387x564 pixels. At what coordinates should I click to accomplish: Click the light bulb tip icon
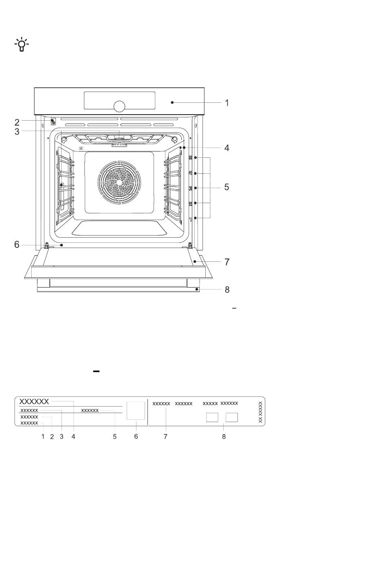22,44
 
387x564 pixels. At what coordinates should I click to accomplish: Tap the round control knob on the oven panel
119,106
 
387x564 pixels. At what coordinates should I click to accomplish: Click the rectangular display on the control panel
119,100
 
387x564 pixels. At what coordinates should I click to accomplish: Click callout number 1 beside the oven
227,103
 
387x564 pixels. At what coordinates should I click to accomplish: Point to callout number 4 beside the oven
226,148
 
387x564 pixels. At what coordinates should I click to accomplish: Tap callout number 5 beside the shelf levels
226,187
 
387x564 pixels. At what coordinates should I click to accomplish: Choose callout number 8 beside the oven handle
227,290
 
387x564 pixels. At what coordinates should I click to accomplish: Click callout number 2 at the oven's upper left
17,122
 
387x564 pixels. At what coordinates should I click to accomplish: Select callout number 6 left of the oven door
17,245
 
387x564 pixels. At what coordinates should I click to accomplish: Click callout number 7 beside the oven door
227,262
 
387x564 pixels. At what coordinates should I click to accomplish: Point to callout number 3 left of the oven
17,131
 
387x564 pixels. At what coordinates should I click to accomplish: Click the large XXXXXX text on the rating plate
34,401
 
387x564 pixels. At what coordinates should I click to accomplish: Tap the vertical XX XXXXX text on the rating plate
260,412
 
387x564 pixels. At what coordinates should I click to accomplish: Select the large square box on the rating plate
136,411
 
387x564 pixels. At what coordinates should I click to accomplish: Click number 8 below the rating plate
224,437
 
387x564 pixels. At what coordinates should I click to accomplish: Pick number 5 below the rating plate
114,437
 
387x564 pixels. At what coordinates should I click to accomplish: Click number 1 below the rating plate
43,437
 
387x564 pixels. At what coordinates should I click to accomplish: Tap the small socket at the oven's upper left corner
53,122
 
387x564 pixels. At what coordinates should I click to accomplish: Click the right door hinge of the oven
190,245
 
